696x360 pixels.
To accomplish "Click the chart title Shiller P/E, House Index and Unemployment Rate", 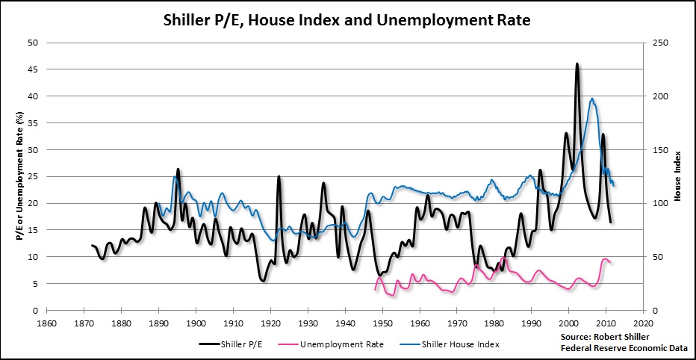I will pyautogui.click(x=347, y=20).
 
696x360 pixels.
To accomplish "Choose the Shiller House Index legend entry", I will pyautogui.click(x=460, y=344).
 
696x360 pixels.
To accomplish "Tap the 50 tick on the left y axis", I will pyautogui.click(x=33, y=43).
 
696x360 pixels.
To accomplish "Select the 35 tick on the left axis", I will pyautogui.click(x=33, y=123).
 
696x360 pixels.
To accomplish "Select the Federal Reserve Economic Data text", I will pyautogui.click(x=614, y=348).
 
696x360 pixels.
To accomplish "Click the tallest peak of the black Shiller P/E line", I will pyautogui.click(x=577, y=64).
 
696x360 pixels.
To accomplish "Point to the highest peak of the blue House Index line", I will pyautogui.click(x=591, y=99).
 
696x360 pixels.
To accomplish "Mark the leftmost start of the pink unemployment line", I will pyautogui.click(x=375, y=289).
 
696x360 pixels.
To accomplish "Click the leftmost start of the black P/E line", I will pyautogui.click(x=92, y=246).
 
